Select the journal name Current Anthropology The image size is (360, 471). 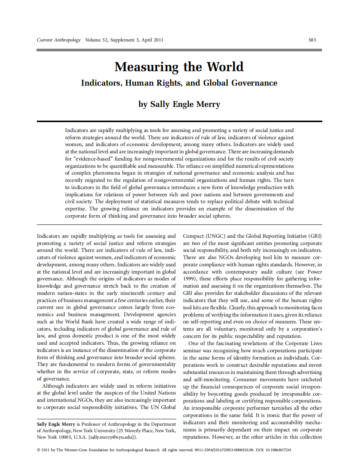coord(59,40)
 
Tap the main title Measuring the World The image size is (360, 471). coord(179,67)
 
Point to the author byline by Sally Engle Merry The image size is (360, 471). coord(179,104)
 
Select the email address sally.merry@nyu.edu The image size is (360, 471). coord(113,437)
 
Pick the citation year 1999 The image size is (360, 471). coord(190,279)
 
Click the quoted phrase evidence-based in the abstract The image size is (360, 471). coord(86,159)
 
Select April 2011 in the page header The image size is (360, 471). coord(152,40)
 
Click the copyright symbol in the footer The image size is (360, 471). coord(38,450)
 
